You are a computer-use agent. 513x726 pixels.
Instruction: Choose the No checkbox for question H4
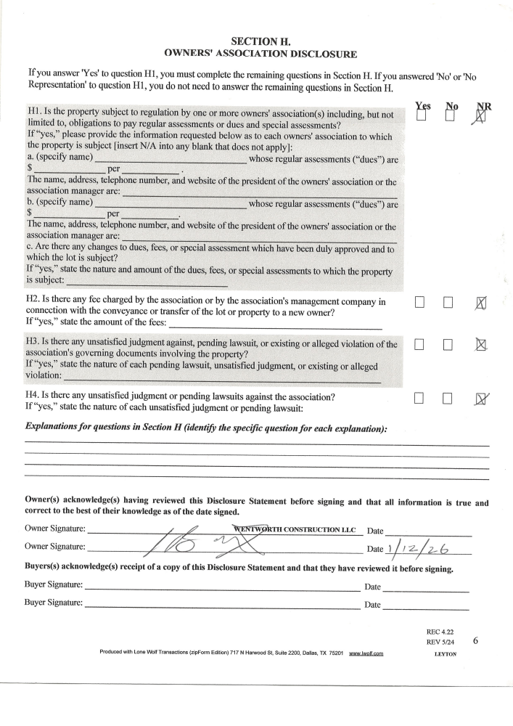coord(448,398)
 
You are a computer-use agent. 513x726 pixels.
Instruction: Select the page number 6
coord(475,641)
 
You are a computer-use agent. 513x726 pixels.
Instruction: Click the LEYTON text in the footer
coord(445,653)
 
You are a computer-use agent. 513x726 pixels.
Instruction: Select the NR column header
coord(483,106)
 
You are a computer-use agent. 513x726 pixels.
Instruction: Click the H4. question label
coord(34,396)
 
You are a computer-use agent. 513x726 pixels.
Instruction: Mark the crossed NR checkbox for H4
coord(480,398)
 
